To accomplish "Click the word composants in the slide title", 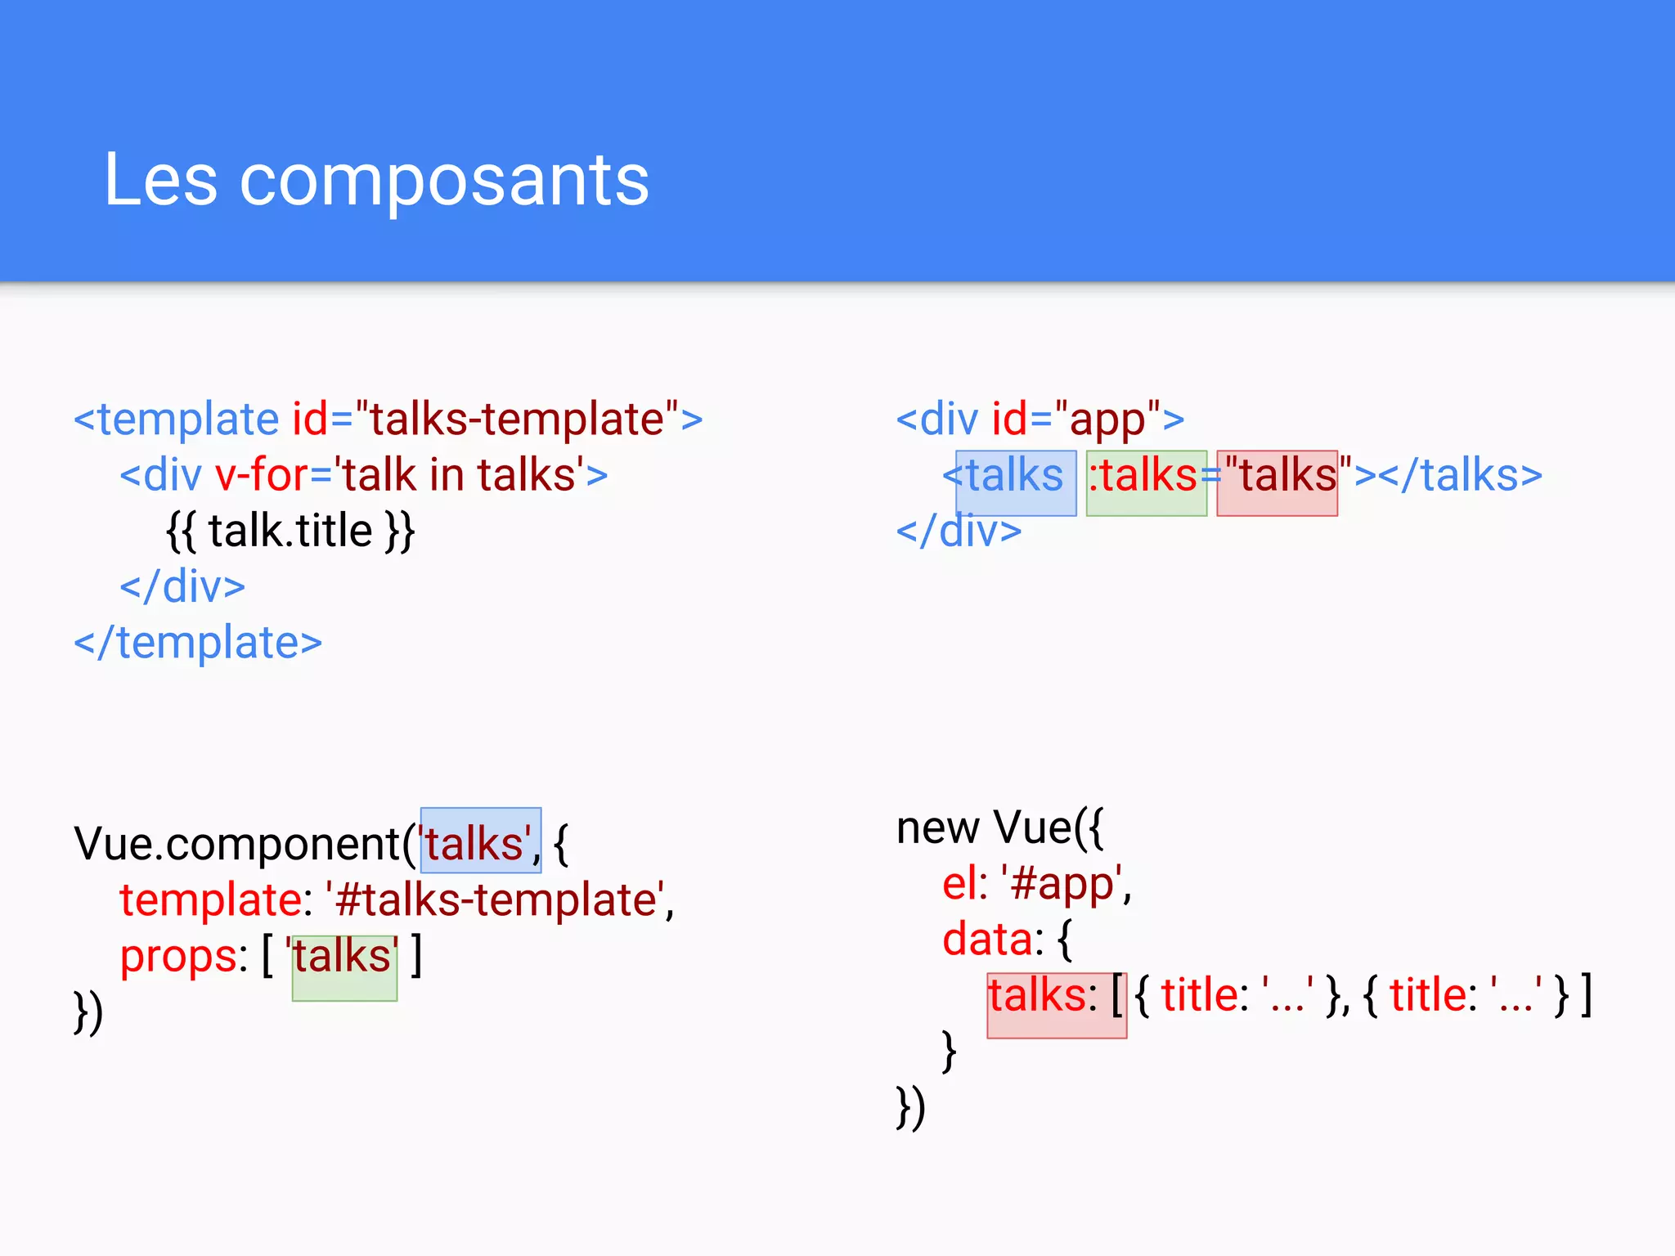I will [x=444, y=182].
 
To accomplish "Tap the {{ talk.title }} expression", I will [x=290, y=531].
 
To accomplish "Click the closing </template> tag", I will [x=198, y=643].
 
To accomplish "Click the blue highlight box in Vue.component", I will [x=481, y=841].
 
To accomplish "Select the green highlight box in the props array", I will [x=344, y=968].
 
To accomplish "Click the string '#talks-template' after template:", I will [x=498, y=900].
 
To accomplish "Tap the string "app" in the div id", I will [x=1107, y=419].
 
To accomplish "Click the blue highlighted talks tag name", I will [x=1016, y=482].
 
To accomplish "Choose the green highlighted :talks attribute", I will [x=1146, y=482].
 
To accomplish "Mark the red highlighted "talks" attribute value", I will [x=1277, y=482].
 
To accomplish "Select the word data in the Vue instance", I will [x=986, y=940].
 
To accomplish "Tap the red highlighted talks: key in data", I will [x=1056, y=1005].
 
